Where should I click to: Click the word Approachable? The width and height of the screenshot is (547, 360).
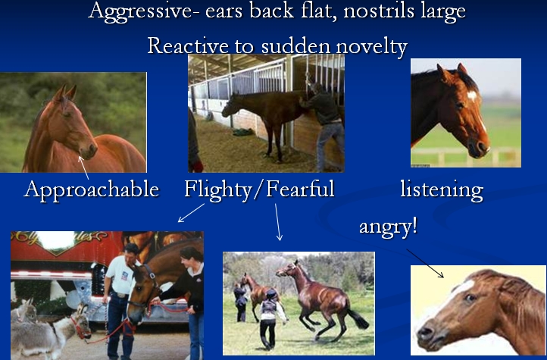(92, 190)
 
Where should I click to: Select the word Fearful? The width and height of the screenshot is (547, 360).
(300, 189)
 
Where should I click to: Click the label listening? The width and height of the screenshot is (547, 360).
(442, 190)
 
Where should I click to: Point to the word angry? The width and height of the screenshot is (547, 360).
(388, 227)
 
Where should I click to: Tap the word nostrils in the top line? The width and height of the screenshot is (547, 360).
(380, 11)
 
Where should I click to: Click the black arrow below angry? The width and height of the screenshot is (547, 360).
(425, 263)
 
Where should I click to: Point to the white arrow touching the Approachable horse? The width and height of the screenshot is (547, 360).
(84, 167)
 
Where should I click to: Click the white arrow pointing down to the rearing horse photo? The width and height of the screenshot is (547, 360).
(278, 222)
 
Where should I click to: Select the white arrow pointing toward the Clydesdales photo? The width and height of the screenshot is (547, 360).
(191, 212)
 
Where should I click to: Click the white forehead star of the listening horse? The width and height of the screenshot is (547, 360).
(471, 95)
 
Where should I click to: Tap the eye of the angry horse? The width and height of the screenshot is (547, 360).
(470, 298)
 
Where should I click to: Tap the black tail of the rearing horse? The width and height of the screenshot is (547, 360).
(358, 318)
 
